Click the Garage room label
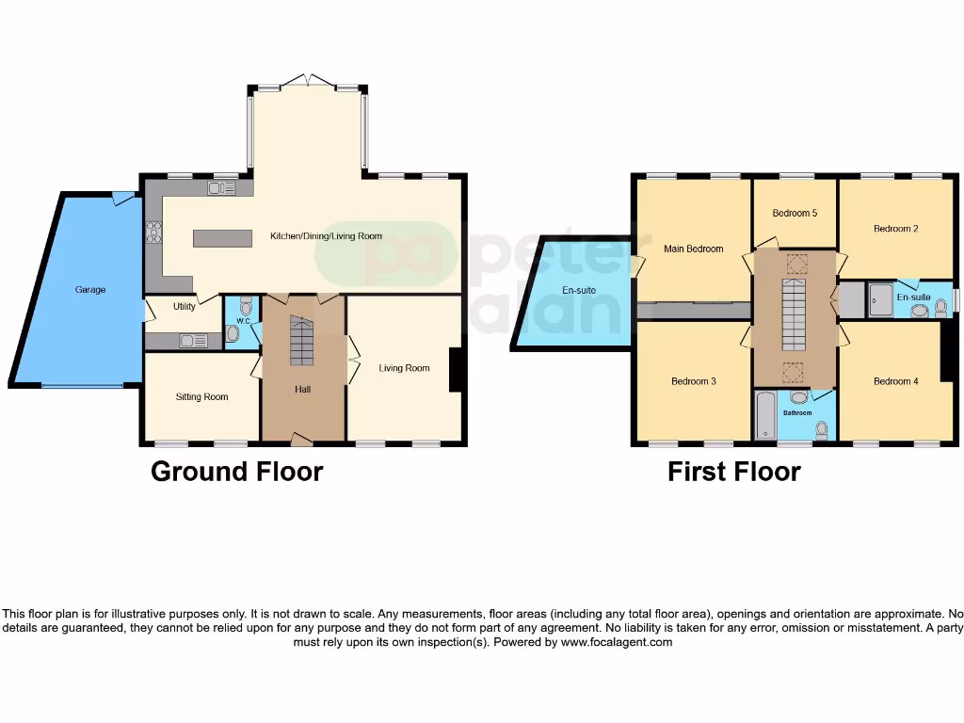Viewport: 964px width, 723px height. click(90, 290)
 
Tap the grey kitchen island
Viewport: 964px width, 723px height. click(223, 238)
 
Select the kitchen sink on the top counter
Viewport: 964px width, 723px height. click(222, 188)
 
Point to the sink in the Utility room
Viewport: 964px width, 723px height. click(194, 341)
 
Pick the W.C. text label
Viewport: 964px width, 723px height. click(242, 321)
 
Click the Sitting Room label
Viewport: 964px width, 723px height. click(202, 397)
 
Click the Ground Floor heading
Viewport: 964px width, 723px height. click(236, 472)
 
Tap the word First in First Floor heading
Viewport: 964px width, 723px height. click(696, 472)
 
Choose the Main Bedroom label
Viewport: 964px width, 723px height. click(693, 249)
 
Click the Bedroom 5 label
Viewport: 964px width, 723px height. click(795, 214)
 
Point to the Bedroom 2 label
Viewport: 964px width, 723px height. click(895, 229)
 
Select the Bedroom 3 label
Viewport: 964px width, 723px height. click(693, 381)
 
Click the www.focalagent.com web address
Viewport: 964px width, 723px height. click(617, 642)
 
